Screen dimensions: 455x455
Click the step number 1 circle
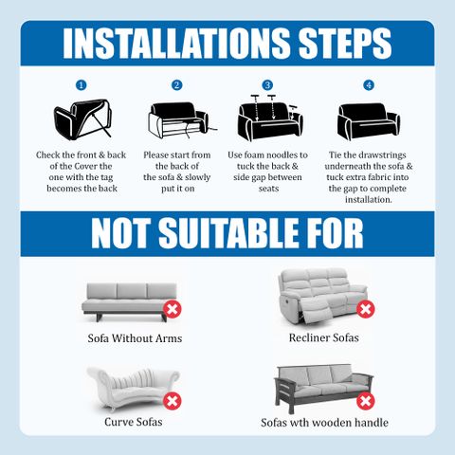[82, 85]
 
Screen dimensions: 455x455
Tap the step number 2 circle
[176, 85]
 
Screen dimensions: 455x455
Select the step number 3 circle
[267, 85]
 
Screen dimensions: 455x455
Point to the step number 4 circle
[369, 85]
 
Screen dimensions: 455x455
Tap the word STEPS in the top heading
[345, 44]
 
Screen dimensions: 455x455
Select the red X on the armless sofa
[173, 309]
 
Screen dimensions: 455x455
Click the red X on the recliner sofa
[366, 309]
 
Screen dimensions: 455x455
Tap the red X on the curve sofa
[173, 401]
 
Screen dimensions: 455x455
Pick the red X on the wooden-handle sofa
[366, 401]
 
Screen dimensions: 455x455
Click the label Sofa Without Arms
[135, 338]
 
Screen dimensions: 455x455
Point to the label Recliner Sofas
[324, 337]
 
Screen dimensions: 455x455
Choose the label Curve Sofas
[134, 422]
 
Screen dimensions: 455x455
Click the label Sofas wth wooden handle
[324, 423]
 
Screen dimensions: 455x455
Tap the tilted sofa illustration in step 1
[82, 119]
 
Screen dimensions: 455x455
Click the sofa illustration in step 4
[369, 121]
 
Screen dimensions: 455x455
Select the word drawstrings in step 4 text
[382, 155]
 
